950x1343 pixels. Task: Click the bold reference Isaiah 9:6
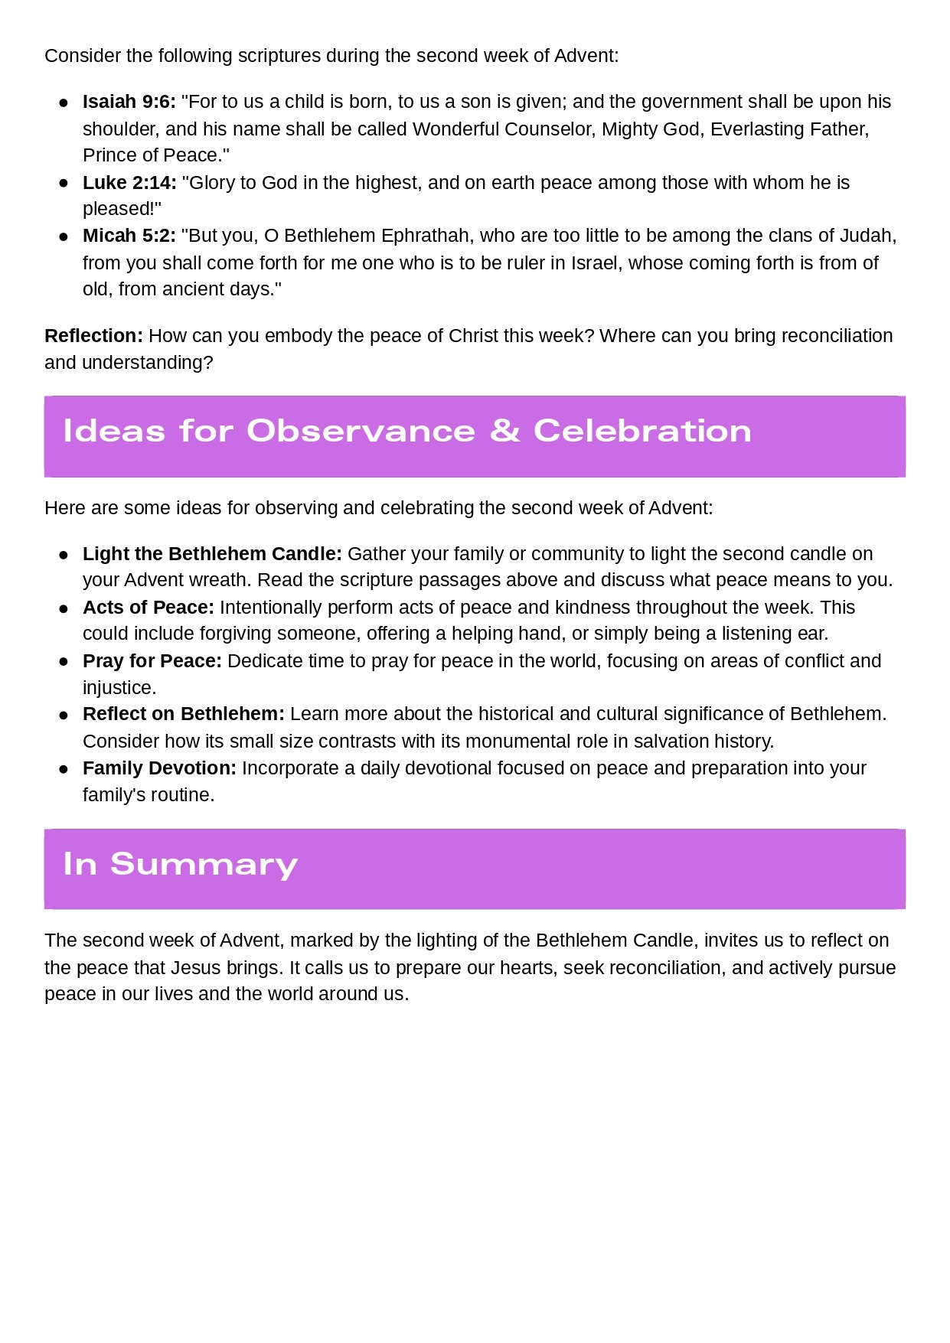point(129,102)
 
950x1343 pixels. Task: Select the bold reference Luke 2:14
point(129,183)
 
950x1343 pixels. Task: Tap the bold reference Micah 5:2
point(129,236)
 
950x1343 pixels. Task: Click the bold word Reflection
point(93,336)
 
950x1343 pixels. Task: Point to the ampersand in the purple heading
point(504,431)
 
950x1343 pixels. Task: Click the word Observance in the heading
point(361,431)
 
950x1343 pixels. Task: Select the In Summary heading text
point(181,864)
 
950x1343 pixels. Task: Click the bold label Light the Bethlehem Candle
point(212,554)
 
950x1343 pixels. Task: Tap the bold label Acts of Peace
point(149,608)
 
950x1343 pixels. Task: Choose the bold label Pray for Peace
point(152,661)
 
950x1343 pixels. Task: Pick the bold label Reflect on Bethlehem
point(183,714)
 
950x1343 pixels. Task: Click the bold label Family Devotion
point(159,768)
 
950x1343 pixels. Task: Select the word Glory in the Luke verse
point(211,183)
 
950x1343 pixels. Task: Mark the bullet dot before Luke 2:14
point(64,184)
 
